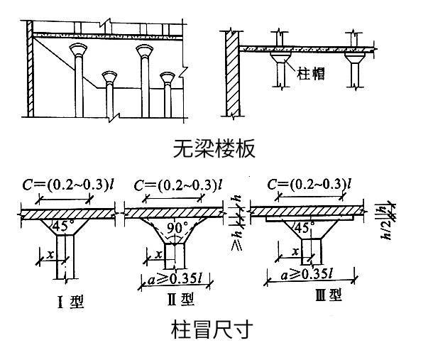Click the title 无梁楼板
tap(213, 148)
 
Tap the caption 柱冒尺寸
tap(211, 329)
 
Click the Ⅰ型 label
tap(70, 301)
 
